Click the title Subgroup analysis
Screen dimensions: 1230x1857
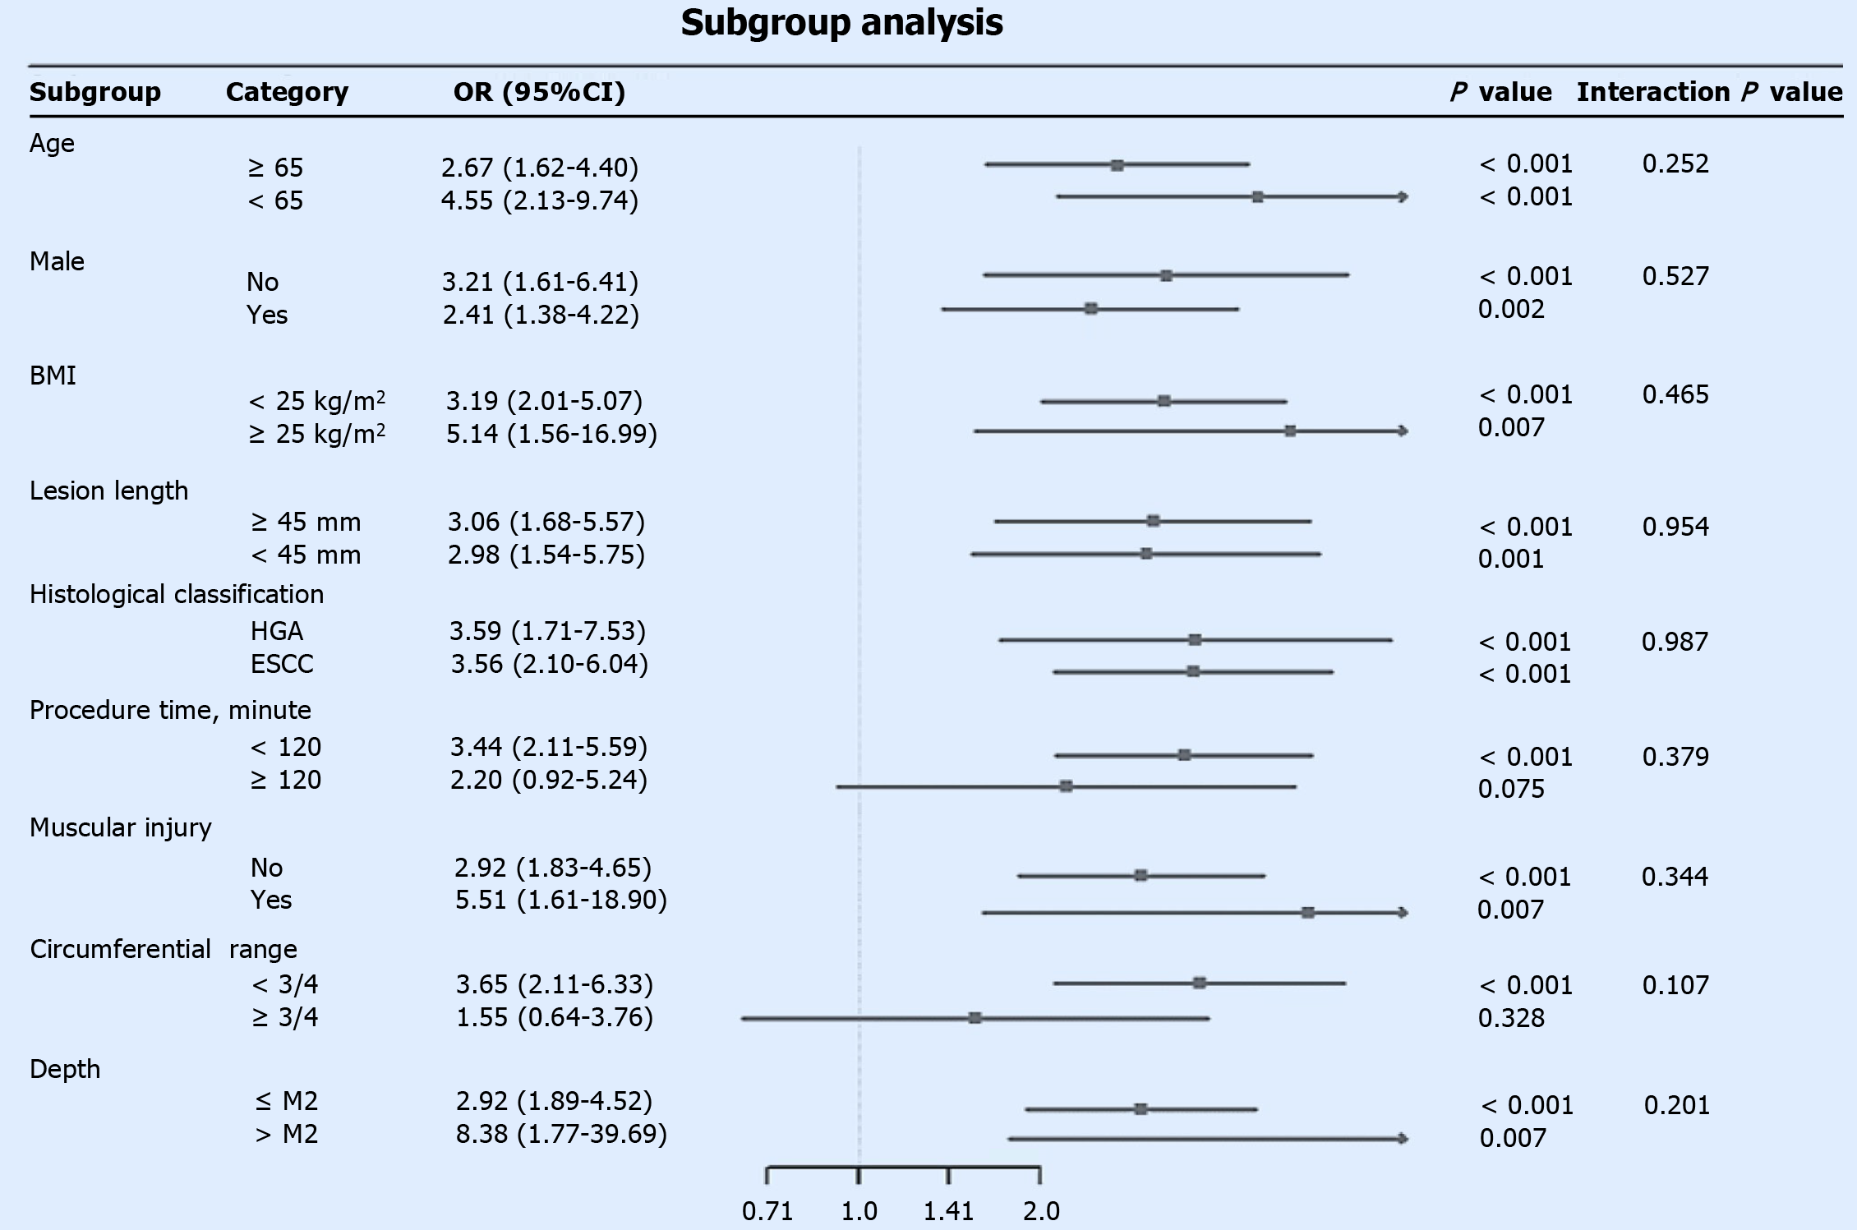click(841, 23)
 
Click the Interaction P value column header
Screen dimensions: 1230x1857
click(1709, 92)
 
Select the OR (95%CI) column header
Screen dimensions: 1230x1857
click(539, 92)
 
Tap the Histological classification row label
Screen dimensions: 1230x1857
click(177, 594)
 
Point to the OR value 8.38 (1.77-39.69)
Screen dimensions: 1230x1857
click(561, 1134)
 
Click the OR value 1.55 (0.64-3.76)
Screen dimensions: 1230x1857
click(555, 1017)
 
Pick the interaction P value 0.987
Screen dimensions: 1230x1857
click(1675, 641)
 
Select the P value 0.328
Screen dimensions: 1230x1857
click(1511, 1018)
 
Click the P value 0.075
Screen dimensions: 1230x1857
click(1511, 789)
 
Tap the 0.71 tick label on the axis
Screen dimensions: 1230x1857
click(767, 1211)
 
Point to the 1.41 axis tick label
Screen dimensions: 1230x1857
click(948, 1211)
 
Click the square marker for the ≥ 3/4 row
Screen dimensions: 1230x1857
click(975, 1018)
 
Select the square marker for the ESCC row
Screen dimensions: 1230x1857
click(1193, 671)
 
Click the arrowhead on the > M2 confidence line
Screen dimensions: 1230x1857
click(1403, 1138)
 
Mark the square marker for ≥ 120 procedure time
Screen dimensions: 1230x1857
click(1066, 786)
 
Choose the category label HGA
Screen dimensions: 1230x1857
click(277, 631)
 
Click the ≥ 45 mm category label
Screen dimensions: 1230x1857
click(306, 522)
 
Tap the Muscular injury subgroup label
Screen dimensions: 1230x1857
click(121, 827)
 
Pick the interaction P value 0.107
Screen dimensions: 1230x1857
click(1675, 984)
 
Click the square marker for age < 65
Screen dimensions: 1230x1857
click(1257, 197)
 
